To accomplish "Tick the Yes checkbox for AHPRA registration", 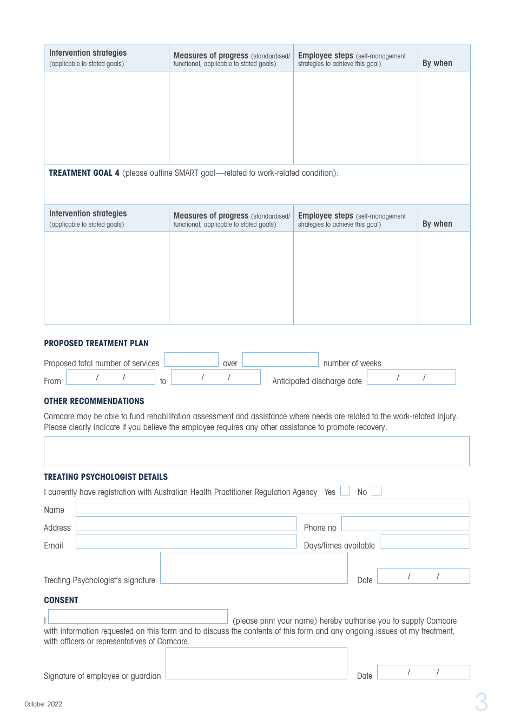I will (345, 491).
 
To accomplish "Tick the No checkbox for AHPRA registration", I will (377, 491).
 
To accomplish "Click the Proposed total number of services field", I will (191, 360).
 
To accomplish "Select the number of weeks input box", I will (280, 360).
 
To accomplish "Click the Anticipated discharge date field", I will (411, 377).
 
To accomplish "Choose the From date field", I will (110, 377).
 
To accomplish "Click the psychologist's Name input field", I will (273, 506).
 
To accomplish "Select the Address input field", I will (186, 524).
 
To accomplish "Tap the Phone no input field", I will (406, 524).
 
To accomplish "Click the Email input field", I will (186, 541).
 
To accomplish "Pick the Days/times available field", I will (425, 541).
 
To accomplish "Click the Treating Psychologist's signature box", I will (254, 568).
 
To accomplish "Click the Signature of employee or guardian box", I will (256, 664).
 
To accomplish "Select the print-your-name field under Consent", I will (138, 617).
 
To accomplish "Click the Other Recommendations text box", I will (256, 451).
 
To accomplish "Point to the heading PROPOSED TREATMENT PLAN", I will (96, 343).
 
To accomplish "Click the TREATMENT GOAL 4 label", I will (84, 173).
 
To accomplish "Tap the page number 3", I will (481, 703).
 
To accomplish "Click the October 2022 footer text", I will (43, 704).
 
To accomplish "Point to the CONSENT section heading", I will (61, 600).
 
